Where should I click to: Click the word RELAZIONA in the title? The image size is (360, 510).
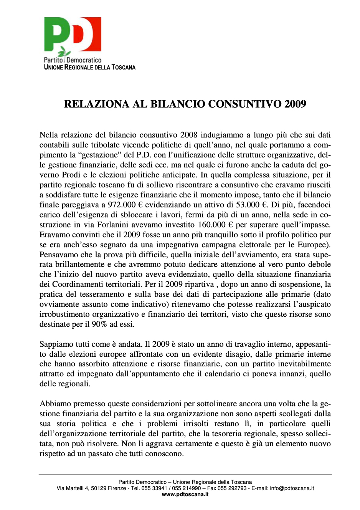click(96, 104)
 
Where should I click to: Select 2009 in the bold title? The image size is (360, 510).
click(295, 104)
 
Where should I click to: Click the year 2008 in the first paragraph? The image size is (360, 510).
click(188, 135)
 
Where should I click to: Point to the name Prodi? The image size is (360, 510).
click(71, 175)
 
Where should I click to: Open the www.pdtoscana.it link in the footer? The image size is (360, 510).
click(185, 495)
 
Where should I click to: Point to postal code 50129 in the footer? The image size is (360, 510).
click(99, 488)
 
